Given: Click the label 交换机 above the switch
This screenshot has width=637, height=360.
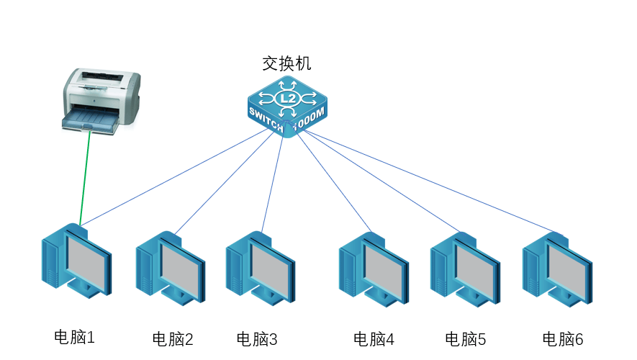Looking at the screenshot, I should click(286, 64).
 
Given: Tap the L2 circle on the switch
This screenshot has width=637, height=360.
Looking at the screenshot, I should click(287, 97).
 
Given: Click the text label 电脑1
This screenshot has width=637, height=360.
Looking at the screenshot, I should click(74, 336).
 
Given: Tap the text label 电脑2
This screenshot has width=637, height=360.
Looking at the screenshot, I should click(173, 338).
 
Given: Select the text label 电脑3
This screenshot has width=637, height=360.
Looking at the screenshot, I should click(257, 338).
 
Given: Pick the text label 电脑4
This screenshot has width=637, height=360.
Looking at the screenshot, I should click(374, 338).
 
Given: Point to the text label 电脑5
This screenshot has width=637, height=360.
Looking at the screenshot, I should click(466, 338).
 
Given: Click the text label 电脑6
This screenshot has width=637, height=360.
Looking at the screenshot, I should click(562, 338).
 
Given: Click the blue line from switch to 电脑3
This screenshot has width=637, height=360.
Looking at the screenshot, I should click(272, 180).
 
